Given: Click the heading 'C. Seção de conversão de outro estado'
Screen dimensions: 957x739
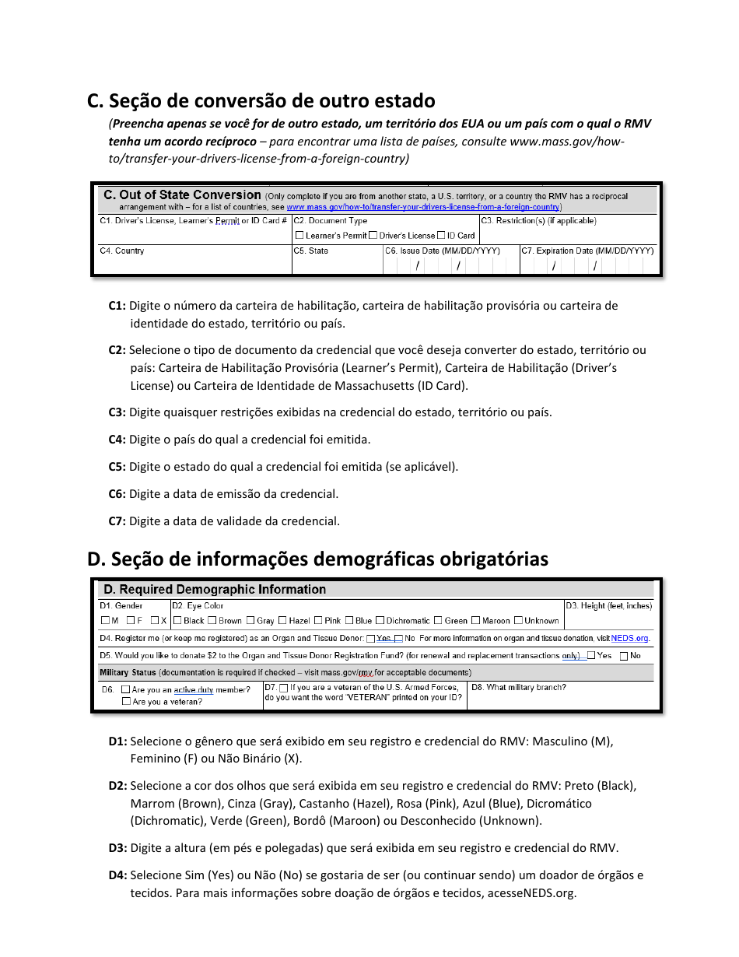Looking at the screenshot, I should point(261,101).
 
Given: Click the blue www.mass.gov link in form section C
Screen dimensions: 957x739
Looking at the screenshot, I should point(422,208).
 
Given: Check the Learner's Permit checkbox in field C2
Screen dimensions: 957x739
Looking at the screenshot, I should point(299,235).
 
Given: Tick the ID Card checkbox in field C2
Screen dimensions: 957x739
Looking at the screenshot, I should point(441,235).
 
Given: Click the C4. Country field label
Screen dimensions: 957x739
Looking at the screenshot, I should point(122,251).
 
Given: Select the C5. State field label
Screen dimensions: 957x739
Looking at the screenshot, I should point(311,251).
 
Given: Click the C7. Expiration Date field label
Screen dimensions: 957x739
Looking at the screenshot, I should point(587,251).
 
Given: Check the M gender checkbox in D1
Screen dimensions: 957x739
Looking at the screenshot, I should point(105,621).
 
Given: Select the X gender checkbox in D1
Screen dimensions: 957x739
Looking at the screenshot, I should point(155,621).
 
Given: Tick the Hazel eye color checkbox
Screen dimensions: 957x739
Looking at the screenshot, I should point(282,621).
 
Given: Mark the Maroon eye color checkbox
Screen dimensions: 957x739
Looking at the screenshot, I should point(475,621).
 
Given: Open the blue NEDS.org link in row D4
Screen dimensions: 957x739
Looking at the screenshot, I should point(629,639).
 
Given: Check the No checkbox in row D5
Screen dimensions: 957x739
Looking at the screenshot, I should point(624,656).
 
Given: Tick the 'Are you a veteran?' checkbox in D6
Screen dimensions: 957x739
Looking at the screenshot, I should point(126,702).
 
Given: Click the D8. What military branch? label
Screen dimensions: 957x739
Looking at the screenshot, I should point(519,688).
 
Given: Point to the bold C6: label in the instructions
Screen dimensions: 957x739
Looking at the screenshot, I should point(117,494).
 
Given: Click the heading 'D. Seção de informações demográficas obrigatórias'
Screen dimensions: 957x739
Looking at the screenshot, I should point(317,559).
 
